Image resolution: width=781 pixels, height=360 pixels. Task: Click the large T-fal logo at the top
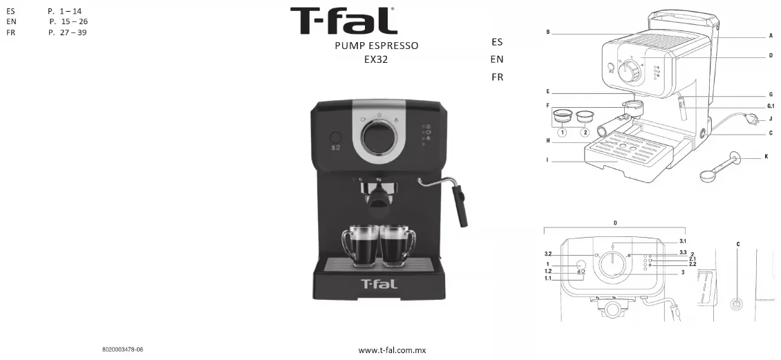(344, 21)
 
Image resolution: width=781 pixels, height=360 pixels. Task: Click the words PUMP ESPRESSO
(377, 46)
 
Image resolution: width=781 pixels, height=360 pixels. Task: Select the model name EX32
(376, 59)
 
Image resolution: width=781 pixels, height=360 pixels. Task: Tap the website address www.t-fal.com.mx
(392, 350)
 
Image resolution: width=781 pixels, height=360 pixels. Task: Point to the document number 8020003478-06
(122, 350)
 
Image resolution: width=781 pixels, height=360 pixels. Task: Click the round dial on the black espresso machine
(379, 136)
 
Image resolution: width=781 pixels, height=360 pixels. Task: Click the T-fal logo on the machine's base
(379, 284)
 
